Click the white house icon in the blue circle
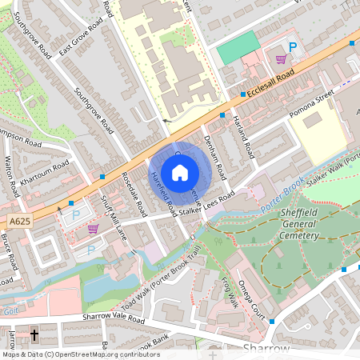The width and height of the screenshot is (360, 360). pos(180,172)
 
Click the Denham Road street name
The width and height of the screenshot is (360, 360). pos(215,152)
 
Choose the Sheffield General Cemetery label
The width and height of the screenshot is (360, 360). pos(289,224)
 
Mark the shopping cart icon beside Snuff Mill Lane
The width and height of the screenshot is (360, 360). pos(93,229)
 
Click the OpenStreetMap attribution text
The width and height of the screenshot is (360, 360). pos(80,354)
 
